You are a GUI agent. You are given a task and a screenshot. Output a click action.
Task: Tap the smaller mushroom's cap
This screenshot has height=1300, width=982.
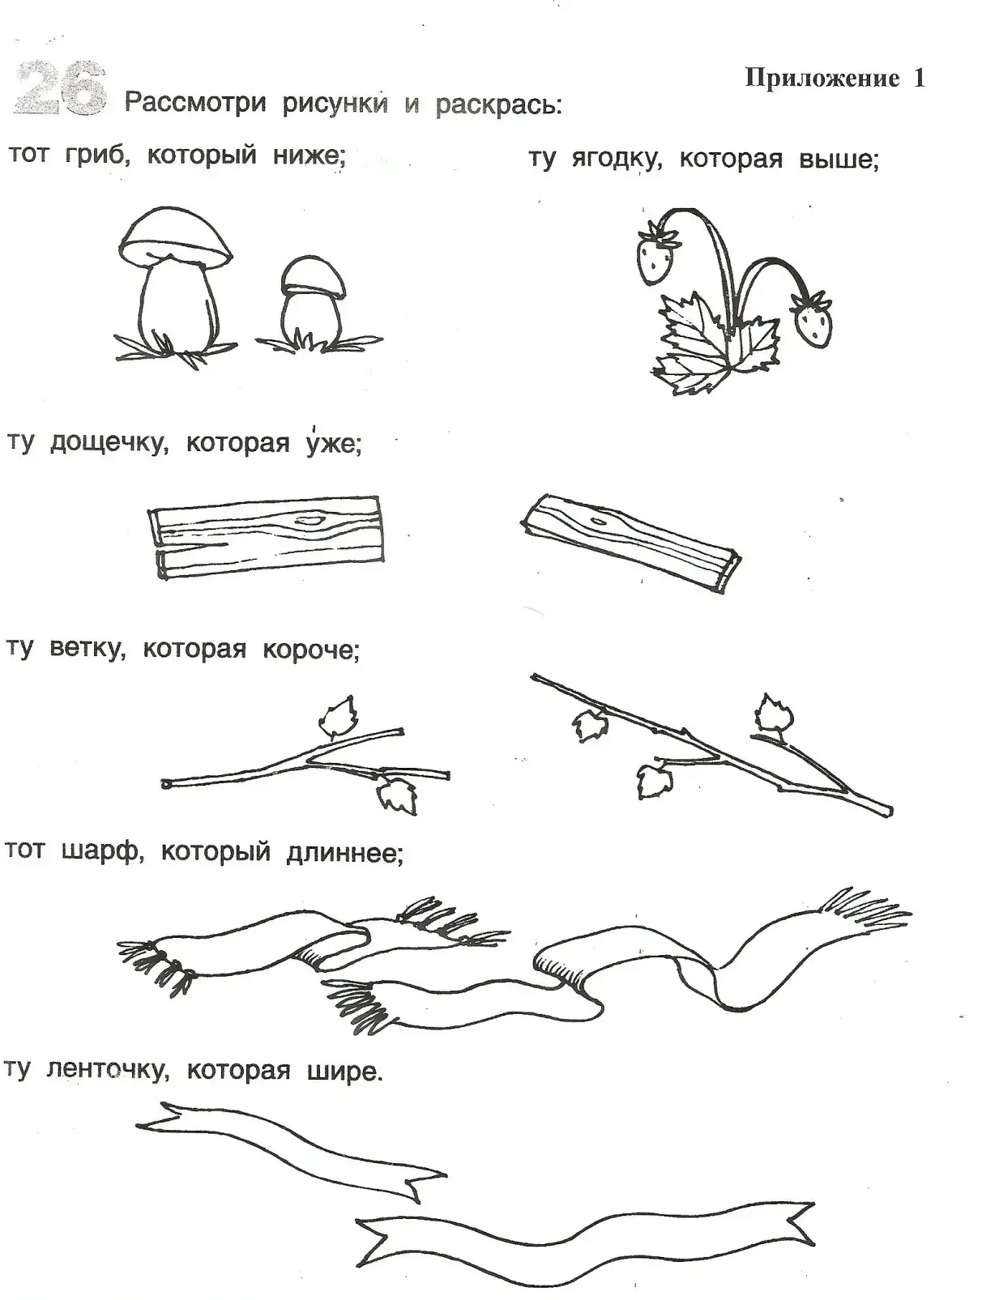(x=313, y=276)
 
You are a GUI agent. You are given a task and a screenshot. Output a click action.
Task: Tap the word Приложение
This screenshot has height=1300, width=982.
(x=822, y=78)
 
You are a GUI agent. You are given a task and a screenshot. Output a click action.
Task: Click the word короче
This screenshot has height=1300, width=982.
(x=310, y=650)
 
